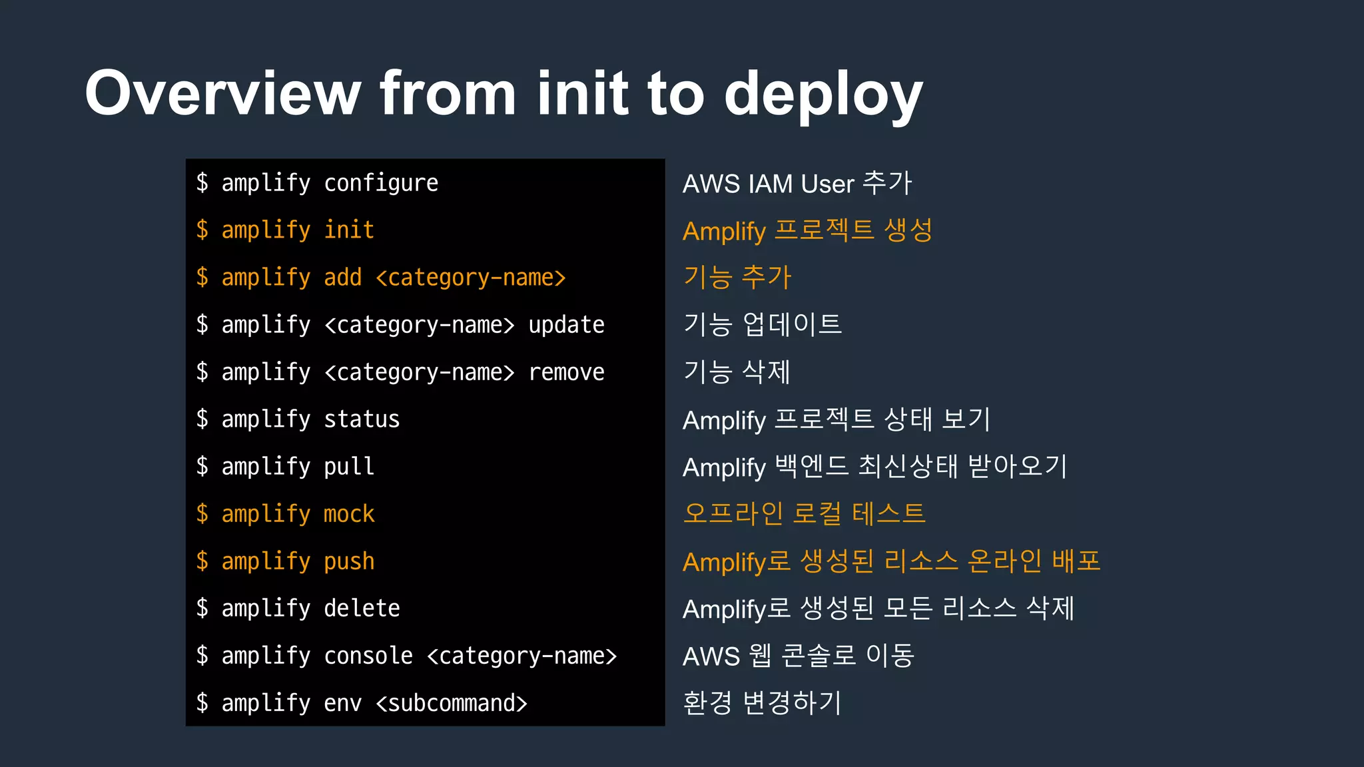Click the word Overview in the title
click(x=222, y=93)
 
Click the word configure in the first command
click(x=381, y=183)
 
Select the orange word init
click(x=349, y=230)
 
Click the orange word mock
click(x=349, y=514)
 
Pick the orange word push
click(x=349, y=561)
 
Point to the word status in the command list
click(x=362, y=419)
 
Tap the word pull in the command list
click(x=349, y=467)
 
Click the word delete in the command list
click(x=362, y=609)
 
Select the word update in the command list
click(x=566, y=325)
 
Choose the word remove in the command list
click(x=566, y=372)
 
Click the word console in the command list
click(x=368, y=656)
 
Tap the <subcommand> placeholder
click(x=452, y=703)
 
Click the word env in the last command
click(x=342, y=703)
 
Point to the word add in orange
click(x=342, y=278)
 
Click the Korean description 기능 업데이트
click(x=763, y=325)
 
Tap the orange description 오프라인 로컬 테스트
click(x=805, y=514)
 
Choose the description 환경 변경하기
click(x=763, y=703)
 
